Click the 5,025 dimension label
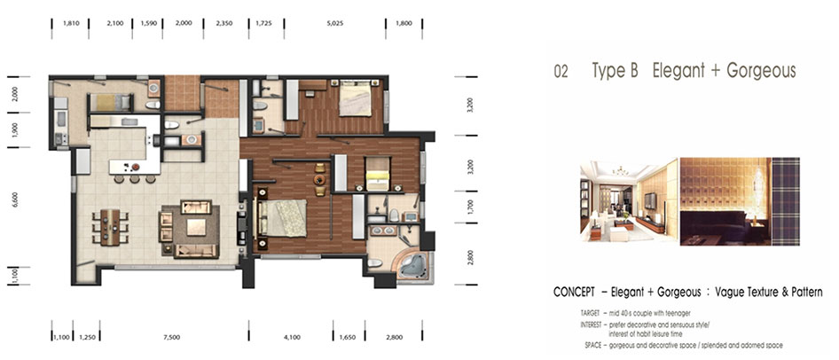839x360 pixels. click(334, 24)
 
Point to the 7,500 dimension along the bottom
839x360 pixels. click(173, 338)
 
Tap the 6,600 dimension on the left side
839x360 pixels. click(15, 200)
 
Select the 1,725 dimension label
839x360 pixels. click(263, 24)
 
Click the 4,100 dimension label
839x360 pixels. click(293, 338)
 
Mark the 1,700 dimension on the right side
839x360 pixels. click(470, 206)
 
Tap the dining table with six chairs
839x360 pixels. click(110, 227)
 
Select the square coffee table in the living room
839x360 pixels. click(196, 227)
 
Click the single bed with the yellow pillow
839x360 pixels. click(378, 173)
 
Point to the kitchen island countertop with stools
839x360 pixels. click(134, 167)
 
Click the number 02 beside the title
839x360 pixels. click(561, 72)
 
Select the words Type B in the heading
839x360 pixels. click(615, 71)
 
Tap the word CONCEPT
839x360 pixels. click(574, 293)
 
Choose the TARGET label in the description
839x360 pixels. click(590, 312)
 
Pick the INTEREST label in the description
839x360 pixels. click(590, 325)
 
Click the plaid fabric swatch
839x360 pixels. click(786, 201)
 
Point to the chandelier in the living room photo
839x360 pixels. click(621, 171)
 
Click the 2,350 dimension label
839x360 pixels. click(224, 24)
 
